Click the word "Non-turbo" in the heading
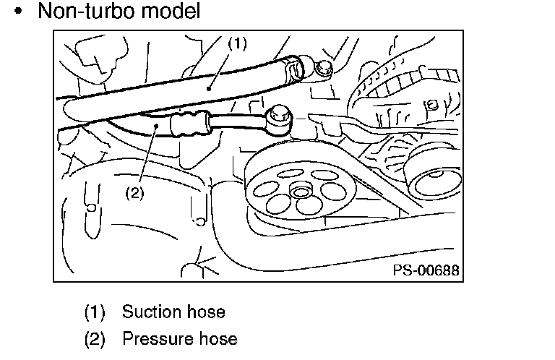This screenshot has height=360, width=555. (x=86, y=11)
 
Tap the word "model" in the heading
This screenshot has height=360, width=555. (x=171, y=11)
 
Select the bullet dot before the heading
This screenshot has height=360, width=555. (x=18, y=11)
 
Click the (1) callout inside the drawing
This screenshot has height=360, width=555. (x=237, y=43)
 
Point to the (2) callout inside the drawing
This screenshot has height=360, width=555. (x=135, y=193)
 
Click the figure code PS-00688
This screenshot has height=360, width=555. (x=426, y=270)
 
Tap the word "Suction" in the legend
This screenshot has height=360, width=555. (x=152, y=312)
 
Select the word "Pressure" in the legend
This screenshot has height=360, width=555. (x=157, y=339)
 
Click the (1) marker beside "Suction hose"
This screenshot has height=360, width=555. (x=95, y=312)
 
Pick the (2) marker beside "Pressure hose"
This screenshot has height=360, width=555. (x=95, y=339)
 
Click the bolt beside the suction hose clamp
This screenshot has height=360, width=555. (x=323, y=68)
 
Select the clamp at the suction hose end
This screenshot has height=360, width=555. (x=293, y=69)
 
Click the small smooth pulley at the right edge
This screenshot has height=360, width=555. (x=435, y=177)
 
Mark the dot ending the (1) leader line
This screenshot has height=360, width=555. (x=209, y=88)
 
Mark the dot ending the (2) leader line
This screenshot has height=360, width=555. (x=156, y=125)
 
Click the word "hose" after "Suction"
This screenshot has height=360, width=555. (x=206, y=312)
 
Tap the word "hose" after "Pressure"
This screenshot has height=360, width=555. (x=218, y=339)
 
